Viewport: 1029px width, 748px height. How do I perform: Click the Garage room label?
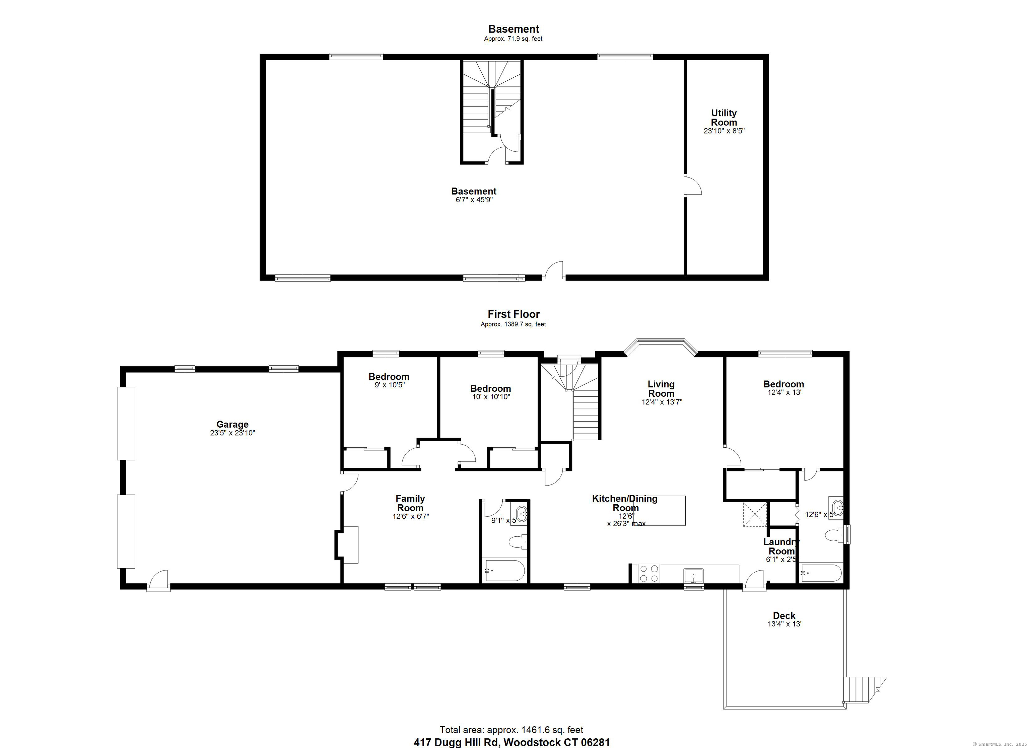pyautogui.click(x=232, y=425)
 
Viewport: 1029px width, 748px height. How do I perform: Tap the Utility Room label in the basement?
pyautogui.click(x=724, y=118)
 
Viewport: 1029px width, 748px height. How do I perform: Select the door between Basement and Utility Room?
pyautogui.click(x=692, y=185)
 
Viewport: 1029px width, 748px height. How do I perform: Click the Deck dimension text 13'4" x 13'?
pyautogui.click(x=784, y=624)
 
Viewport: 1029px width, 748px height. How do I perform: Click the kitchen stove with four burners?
pyautogui.click(x=649, y=573)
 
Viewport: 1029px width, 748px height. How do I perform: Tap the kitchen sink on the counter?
pyautogui.click(x=693, y=575)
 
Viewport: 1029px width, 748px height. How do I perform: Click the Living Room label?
pyautogui.click(x=661, y=389)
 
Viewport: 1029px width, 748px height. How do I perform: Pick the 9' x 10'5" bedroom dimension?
pyautogui.click(x=389, y=385)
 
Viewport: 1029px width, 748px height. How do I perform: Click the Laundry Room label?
pyautogui.click(x=781, y=546)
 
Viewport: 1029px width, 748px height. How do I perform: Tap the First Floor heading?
pyautogui.click(x=513, y=314)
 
